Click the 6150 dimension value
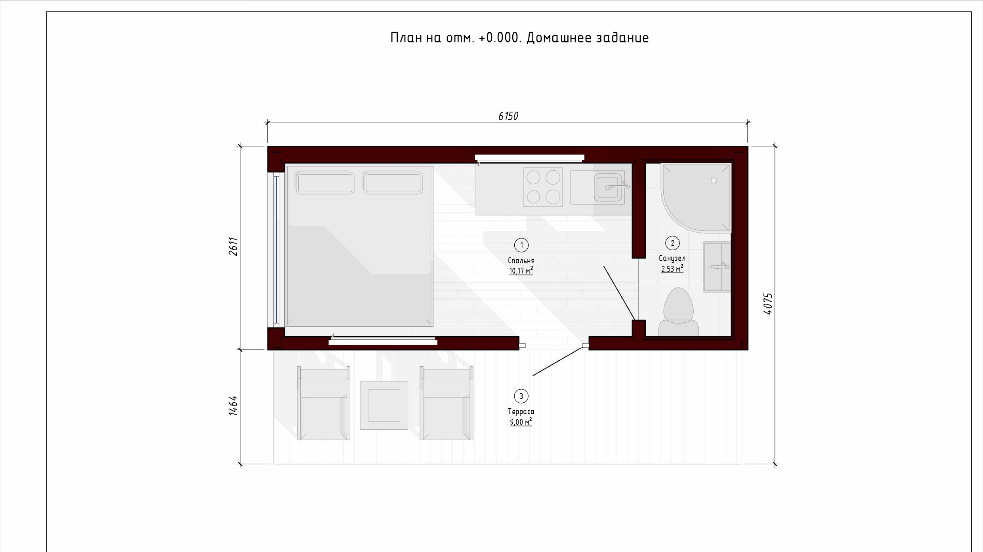coord(508,116)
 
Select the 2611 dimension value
coord(233,246)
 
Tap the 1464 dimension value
coord(233,405)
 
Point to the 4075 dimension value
coord(768,304)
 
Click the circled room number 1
coord(521,245)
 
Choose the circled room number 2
coord(672,243)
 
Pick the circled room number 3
coord(521,396)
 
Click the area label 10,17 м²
coord(521,271)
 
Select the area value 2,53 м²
coord(672,269)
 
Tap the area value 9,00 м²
coord(521,422)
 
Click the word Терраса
coord(521,412)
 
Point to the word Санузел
coord(672,259)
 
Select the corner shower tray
coord(696,198)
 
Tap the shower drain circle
coord(714,181)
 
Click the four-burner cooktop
coord(543,187)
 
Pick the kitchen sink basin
coord(608,187)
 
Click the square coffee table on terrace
coord(384,405)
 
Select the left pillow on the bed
coord(325,183)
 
